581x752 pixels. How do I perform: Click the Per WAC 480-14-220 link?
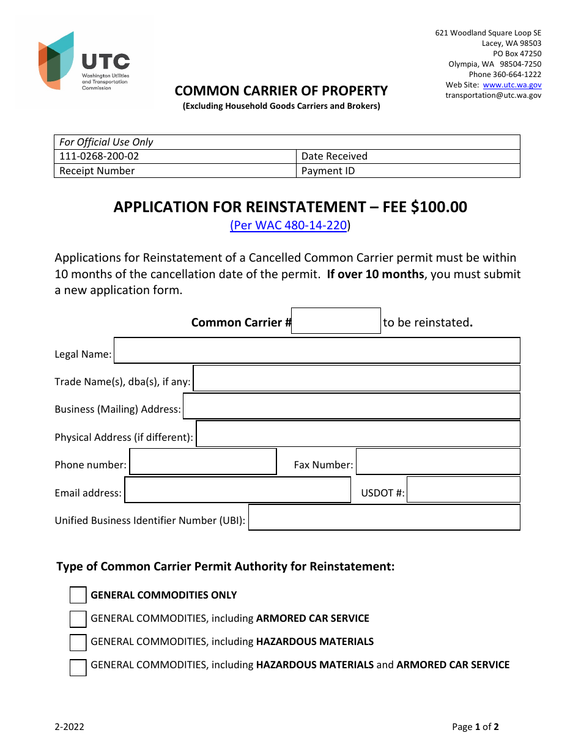[x=289, y=226]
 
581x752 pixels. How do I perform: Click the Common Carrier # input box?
[x=336, y=321]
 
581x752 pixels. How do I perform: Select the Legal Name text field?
[x=317, y=351]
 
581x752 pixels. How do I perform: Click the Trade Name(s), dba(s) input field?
[x=356, y=378]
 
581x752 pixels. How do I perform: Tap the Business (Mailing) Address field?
[x=351, y=406]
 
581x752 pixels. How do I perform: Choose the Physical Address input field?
[x=358, y=434]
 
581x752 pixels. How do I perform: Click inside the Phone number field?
[x=203, y=462]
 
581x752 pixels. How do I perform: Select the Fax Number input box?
[x=438, y=462]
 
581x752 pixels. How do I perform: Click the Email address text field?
[x=237, y=490]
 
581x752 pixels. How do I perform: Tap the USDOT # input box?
[x=463, y=490]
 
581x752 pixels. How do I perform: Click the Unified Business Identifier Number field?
[x=384, y=517]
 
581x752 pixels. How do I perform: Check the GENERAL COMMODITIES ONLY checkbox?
[x=78, y=595]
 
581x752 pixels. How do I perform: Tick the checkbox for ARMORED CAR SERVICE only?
[x=78, y=619]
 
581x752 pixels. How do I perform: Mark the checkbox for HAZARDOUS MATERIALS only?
[x=78, y=643]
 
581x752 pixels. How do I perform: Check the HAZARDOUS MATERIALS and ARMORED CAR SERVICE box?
[x=78, y=666]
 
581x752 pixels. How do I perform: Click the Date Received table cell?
[x=408, y=157]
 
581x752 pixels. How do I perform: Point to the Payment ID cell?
[x=408, y=171]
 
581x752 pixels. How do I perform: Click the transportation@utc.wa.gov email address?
[x=493, y=95]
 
